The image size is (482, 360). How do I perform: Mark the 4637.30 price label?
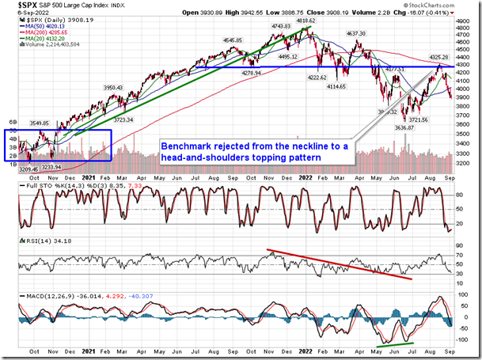tap(355, 34)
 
